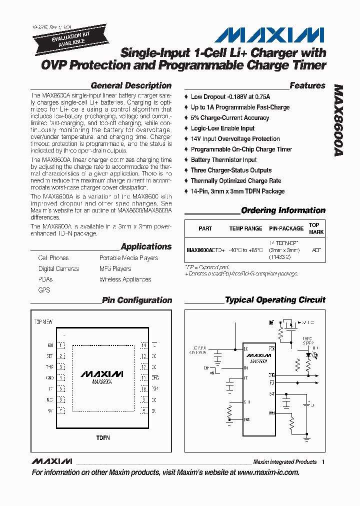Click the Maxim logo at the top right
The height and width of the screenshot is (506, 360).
pos(269,35)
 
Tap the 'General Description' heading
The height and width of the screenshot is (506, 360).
pos(131,85)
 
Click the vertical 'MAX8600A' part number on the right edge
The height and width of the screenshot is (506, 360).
pos(338,120)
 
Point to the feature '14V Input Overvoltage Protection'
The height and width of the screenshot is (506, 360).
pos(235,139)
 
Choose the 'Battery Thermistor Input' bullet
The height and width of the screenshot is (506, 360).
pos(223,160)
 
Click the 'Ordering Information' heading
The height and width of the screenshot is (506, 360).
pos(283,210)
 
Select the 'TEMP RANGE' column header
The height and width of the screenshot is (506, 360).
pos(245,228)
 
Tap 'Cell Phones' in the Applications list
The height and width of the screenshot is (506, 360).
pos(53,258)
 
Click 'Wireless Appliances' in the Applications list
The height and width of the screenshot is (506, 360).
pos(125,279)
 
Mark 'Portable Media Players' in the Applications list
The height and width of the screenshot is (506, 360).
pos(128,258)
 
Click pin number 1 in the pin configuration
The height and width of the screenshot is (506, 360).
pos(61,345)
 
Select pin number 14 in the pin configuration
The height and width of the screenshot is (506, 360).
pos(143,345)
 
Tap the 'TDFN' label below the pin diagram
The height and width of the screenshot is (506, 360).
pos(103,438)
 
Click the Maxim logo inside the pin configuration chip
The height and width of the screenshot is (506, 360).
pos(102,373)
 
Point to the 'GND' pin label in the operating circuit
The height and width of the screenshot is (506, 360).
pos(246,419)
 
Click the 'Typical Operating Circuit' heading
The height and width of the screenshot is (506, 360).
pos(275,300)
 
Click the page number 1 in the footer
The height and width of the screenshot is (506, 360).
pos(323,462)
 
